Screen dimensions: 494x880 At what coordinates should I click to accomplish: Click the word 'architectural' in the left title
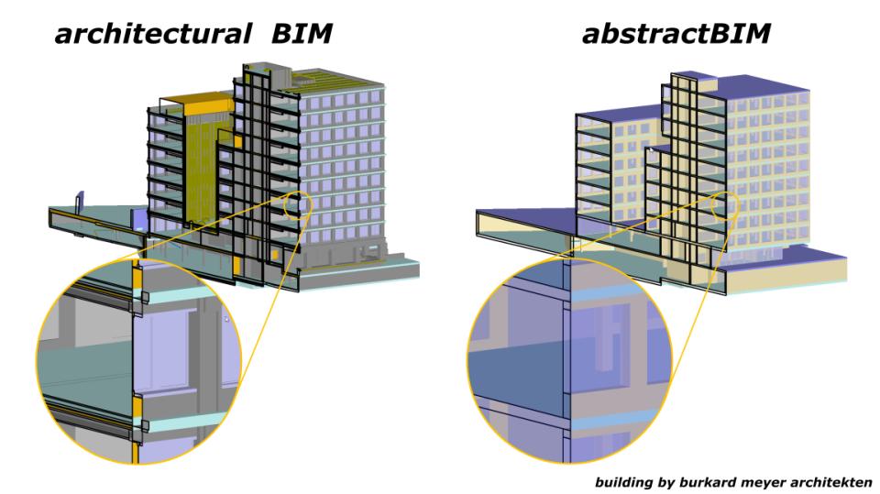(x=152, y=35)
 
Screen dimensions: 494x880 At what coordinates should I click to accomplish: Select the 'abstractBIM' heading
(x=676, y=35)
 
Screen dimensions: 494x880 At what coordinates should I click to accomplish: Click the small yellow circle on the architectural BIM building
(x=298, y=205)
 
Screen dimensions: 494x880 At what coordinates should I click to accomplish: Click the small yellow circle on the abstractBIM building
(x=725, y=206)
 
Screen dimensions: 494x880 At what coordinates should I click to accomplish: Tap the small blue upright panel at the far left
(x=80, y=203)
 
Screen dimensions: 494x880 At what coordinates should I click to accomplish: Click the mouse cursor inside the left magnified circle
(x=226, y=320)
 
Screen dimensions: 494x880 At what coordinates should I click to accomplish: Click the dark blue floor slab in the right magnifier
(x=513, y=367)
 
